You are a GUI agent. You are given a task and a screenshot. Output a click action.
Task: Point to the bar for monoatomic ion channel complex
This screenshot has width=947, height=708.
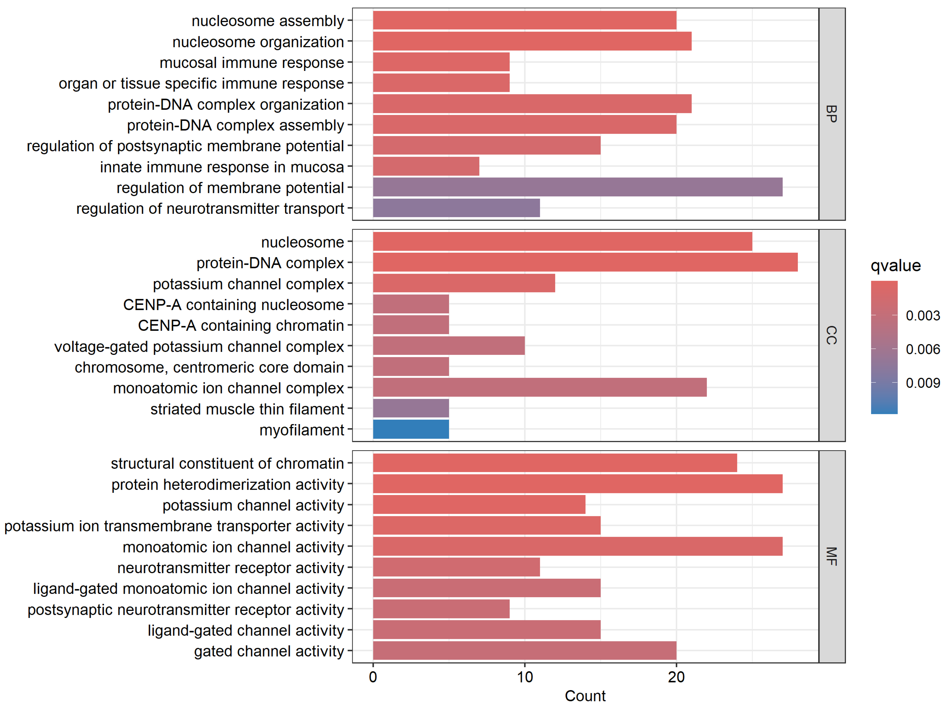point(539,387)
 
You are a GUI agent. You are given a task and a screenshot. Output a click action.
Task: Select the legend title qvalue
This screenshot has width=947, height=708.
point(896,265)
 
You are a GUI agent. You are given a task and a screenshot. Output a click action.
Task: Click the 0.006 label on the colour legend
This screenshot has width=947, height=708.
point(923,349)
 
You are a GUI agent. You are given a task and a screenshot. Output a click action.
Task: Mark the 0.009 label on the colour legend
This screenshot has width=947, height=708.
point(923,383)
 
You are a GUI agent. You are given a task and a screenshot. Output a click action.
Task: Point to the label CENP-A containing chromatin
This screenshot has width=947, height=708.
point(241,326)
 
